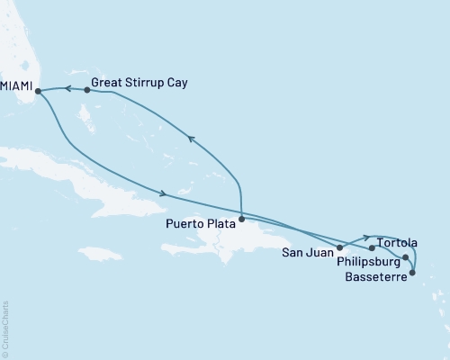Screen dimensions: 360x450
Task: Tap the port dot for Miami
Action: coord(38,90)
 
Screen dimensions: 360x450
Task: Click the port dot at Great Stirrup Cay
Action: coord(86,90)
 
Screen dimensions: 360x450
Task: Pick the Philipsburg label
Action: coord(368,264)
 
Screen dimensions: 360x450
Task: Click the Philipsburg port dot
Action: coord(406,258)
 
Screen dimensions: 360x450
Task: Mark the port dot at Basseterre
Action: coord(412,268)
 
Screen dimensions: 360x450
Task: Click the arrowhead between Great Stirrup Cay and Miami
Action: coord(64,88)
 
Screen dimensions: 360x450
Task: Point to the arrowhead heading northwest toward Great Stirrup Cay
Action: coord(190,138)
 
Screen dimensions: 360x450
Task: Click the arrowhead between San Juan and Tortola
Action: coord(365,238)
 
